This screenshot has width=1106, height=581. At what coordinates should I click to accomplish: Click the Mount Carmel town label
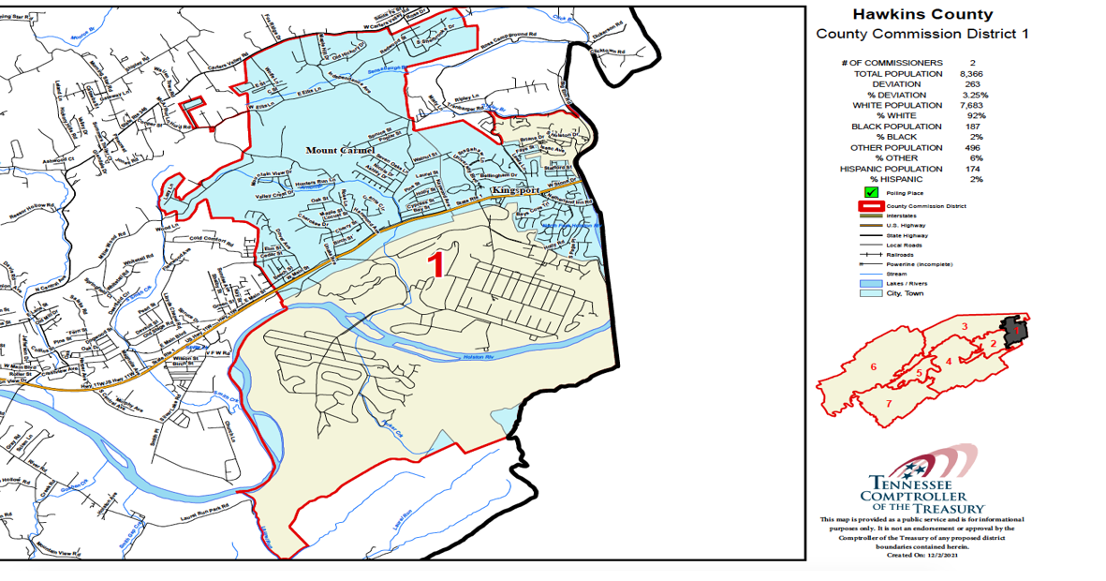tap(340, 150)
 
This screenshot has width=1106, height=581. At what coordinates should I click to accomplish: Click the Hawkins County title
tap(922, 15)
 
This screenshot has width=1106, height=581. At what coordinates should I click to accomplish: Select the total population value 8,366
tap(970, 73)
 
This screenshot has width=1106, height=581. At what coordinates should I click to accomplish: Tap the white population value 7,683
tap(970, 105)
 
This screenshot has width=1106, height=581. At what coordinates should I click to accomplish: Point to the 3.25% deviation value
tap(974, 95)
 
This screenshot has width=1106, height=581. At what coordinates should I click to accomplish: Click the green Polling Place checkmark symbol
tap(871, 193)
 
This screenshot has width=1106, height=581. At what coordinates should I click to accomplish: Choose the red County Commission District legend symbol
tap(871, 206)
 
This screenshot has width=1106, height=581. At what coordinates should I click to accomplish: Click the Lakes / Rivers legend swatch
tap(871, 283)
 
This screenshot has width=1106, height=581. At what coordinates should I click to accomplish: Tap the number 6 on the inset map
tap(874, 366)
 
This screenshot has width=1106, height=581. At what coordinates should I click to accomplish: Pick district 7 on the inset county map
tap(888, 403)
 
